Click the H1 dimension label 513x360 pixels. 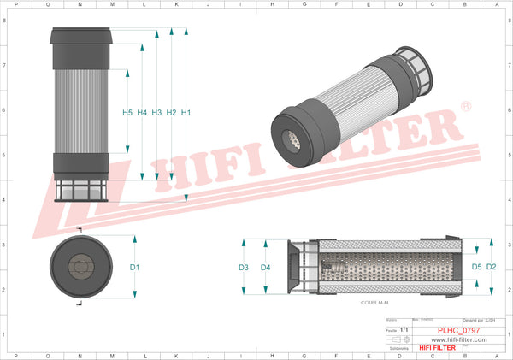186,113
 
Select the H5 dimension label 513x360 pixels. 127,113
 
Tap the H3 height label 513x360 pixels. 156,113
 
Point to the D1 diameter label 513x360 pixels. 134,268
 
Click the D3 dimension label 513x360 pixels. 244,268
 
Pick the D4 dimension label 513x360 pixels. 265,268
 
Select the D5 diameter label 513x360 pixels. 476,268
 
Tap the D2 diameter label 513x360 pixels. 491,268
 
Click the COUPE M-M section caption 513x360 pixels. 363,302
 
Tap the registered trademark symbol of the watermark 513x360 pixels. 465,106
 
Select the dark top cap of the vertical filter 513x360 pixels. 82,50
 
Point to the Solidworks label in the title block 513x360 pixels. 398,348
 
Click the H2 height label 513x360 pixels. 171,113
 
